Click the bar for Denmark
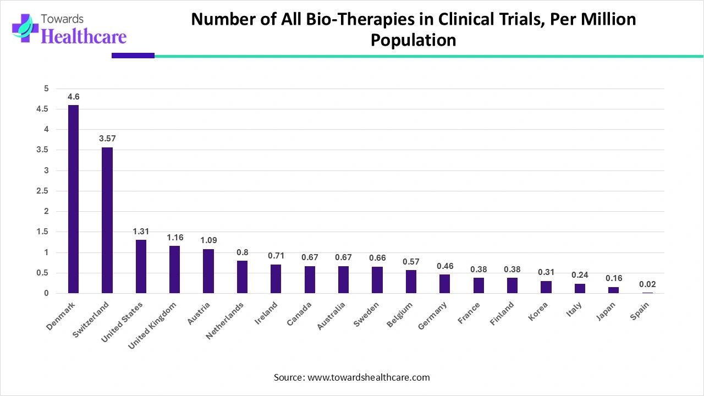pyautogui.click(x=73, y=199)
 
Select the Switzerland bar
pyautogui.click(x=107, y=220)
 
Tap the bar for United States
pyautogui.click(x=141, y=266)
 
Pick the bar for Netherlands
pyautogui.click(x=242, y=277)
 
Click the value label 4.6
pyautogui.click(x=73, y=97)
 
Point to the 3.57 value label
pyautogui.click(x=107, y=139)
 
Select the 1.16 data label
pyautogui.click(x=174, y=237)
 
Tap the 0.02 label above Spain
pyautogui.click(x=647, y=284)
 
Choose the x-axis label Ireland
pyautogui.click(x=266, y=313)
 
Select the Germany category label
pyautogui.click(x=432, y=317)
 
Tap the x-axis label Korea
pyautogui.click(x=538, y=312)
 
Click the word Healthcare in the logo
pyautogui.click(x=84, y=36)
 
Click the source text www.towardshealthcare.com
pyautogui.click(x=369, y=377)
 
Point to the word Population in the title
pyautogui.click(x=413, y=40)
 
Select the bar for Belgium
pyautogui.click(x=411, y=282)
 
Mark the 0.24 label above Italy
pyautogui.click(x=580, y=275)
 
